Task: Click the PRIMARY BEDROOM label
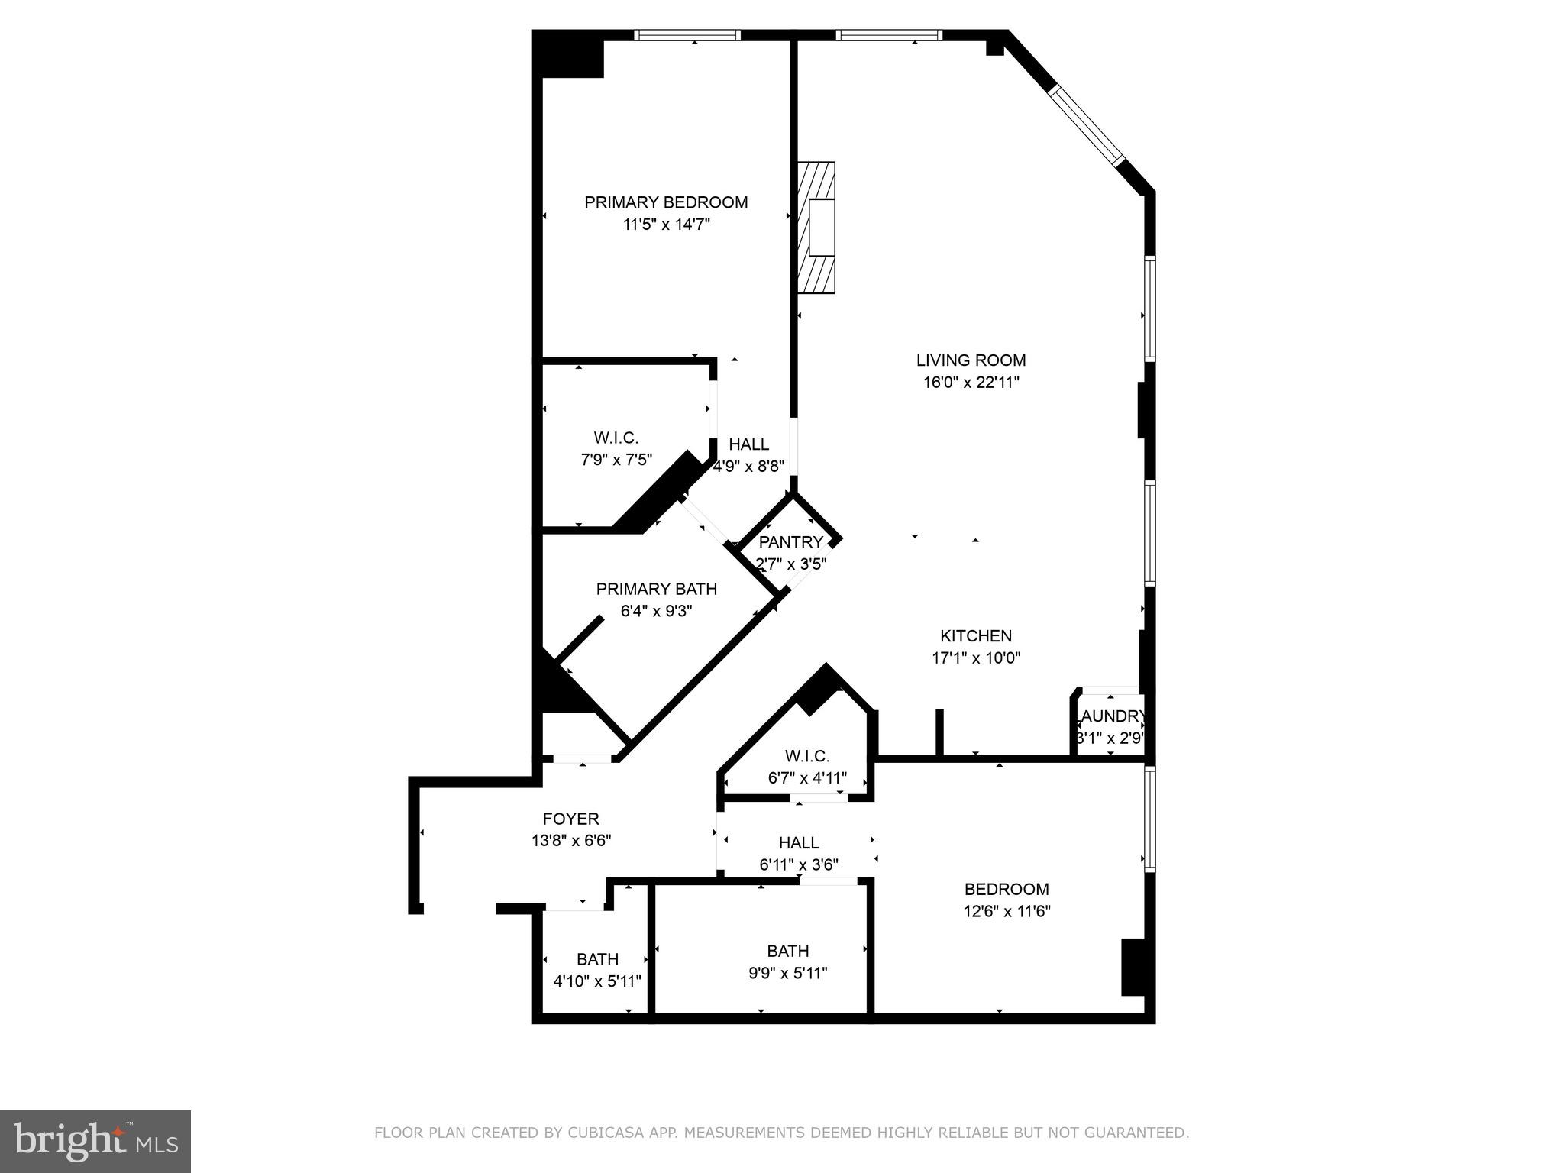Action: click(x=666, y=202)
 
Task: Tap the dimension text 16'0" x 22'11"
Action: click(x=971, y=383)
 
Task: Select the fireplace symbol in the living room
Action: click(x=816, y=227)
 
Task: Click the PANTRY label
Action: click(x=790, y=542)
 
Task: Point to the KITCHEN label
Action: click(x=975, y=635)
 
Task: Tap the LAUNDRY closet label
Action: click(x=1111, y=716)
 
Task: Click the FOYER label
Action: click(x=570, y=819)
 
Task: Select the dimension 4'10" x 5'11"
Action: click(x=597, y=981)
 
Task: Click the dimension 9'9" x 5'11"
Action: click(x=787, y=973)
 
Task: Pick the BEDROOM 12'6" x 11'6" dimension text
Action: click(x=1006, y=911)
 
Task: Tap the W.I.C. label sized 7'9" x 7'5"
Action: click(x=616, y=438)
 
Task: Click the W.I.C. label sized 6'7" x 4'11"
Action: click(x=806, y=756)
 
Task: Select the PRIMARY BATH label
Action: click(x=656, y=589)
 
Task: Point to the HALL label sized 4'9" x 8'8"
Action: click(x=748, y=444)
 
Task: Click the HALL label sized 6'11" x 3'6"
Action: click(x=799, y=843)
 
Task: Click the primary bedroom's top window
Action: click(x=687, y=35)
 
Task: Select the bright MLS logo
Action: click(x=95, y=1142)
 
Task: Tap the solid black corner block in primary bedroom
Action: click(x=571, y=58)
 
